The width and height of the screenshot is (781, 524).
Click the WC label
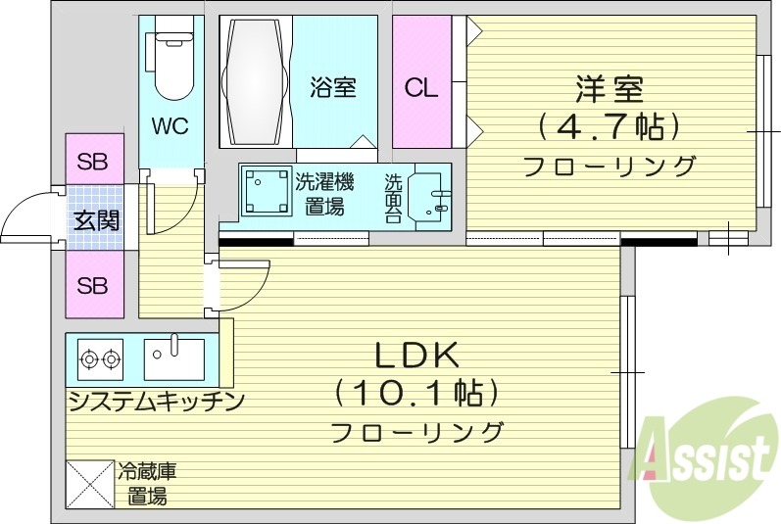pyautogui.click(x=170, y=126)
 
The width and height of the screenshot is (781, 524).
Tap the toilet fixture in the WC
pyautogui.click(x=170, y=67)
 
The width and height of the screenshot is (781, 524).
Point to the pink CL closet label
pyautogui.click(x=421, y=88)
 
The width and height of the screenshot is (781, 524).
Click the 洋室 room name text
pyautogui.click(x=609, y=89)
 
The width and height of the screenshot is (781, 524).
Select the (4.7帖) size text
pyautogui.click(x=609, y=127)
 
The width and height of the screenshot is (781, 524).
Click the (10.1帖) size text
pyautogui.click(x=415, y=394)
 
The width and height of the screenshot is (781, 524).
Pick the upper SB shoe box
pyautogui.click(x=93, y=162)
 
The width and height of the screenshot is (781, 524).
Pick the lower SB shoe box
pyautogui.click(x=93, y=286)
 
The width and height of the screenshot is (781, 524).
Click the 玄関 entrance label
pyautogui.click(x=95, y=219)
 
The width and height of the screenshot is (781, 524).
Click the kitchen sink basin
pyautogui.click(x=173, y=358)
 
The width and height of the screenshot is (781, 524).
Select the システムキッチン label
pyautogui.click(x=155, y=401)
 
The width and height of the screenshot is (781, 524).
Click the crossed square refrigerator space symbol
pyautogui.click(x=89, y=485)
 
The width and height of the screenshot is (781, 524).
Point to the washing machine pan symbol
pyautogui.click(x=268, y=192)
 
